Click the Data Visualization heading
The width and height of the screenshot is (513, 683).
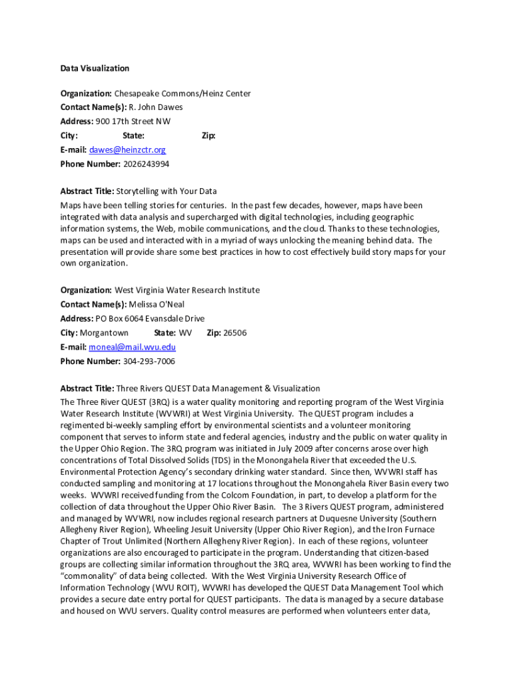tap(95, 68)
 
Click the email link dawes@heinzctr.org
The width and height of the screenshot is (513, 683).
tap(127, 150)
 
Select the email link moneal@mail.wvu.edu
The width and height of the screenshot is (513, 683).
tap(132, 347)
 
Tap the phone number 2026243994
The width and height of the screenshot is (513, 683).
tap(146, 164)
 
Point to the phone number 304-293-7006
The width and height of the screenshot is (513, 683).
tap(149, 362)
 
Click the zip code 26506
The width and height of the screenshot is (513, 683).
tap(235, 333)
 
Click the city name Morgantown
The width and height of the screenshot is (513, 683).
tap(104, 333)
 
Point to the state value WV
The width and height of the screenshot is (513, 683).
tap(186, 333)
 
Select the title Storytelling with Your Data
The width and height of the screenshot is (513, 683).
tap(167, 191)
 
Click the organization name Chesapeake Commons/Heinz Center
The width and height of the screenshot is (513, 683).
tap(182, 94)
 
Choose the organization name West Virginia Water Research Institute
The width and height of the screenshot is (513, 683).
tap(187, 290)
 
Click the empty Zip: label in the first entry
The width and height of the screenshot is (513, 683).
tap(209, 136)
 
